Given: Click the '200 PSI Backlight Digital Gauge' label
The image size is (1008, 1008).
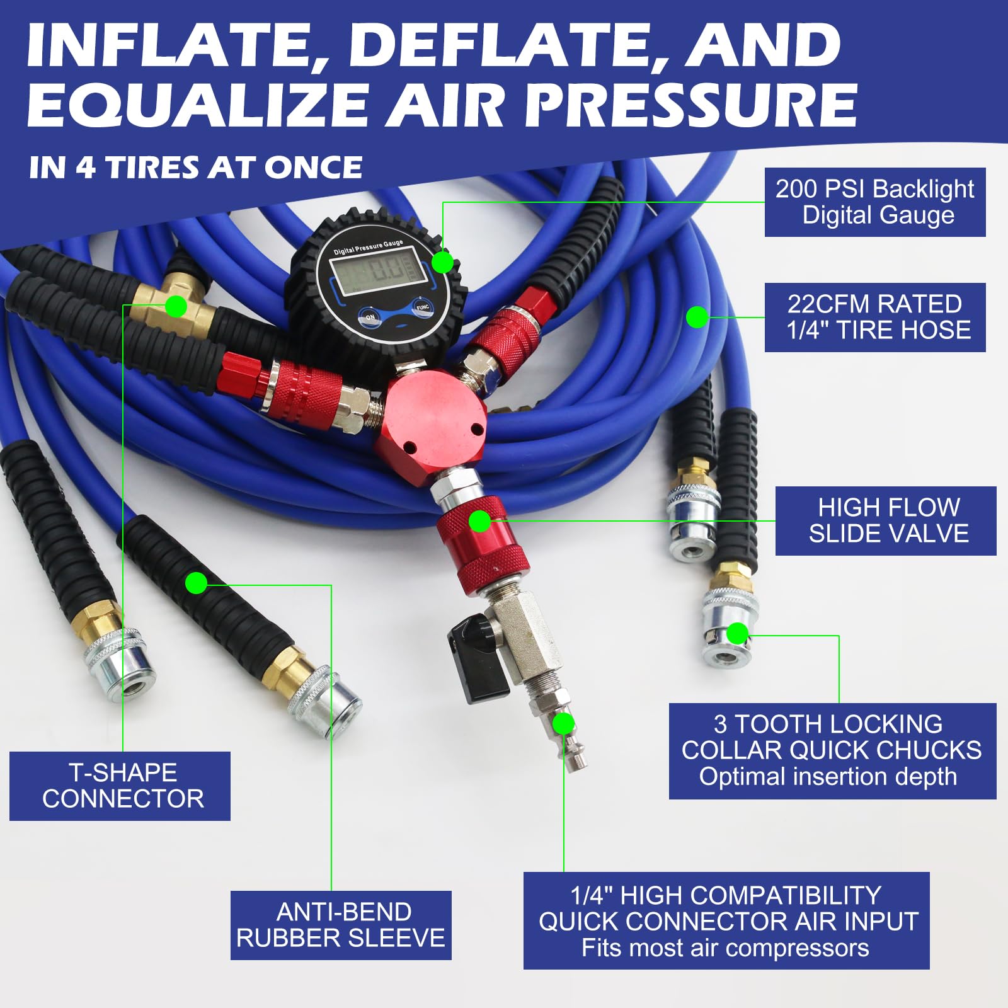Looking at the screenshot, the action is coord(875,202).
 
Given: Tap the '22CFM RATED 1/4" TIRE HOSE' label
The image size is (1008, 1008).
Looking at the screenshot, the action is coord(875,318).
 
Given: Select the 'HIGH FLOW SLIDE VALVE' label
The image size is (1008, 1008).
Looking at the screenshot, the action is coord(886,521).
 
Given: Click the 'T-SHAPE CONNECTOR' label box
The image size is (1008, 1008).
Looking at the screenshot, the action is coord(120,786).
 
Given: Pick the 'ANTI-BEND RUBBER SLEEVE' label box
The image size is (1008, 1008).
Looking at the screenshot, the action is coord(341,925).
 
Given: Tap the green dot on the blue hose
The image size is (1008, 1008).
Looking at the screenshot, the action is coord(697,317).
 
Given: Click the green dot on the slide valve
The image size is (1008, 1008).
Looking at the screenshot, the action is coord(480,521).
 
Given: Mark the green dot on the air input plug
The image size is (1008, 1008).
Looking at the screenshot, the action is coord(563,724).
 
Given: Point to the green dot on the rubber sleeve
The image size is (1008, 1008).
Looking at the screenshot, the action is coord(197,583).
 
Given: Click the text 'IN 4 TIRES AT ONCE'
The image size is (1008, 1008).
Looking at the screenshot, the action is coord(195,167).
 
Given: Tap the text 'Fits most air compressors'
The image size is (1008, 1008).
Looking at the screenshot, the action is coord(725,948).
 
